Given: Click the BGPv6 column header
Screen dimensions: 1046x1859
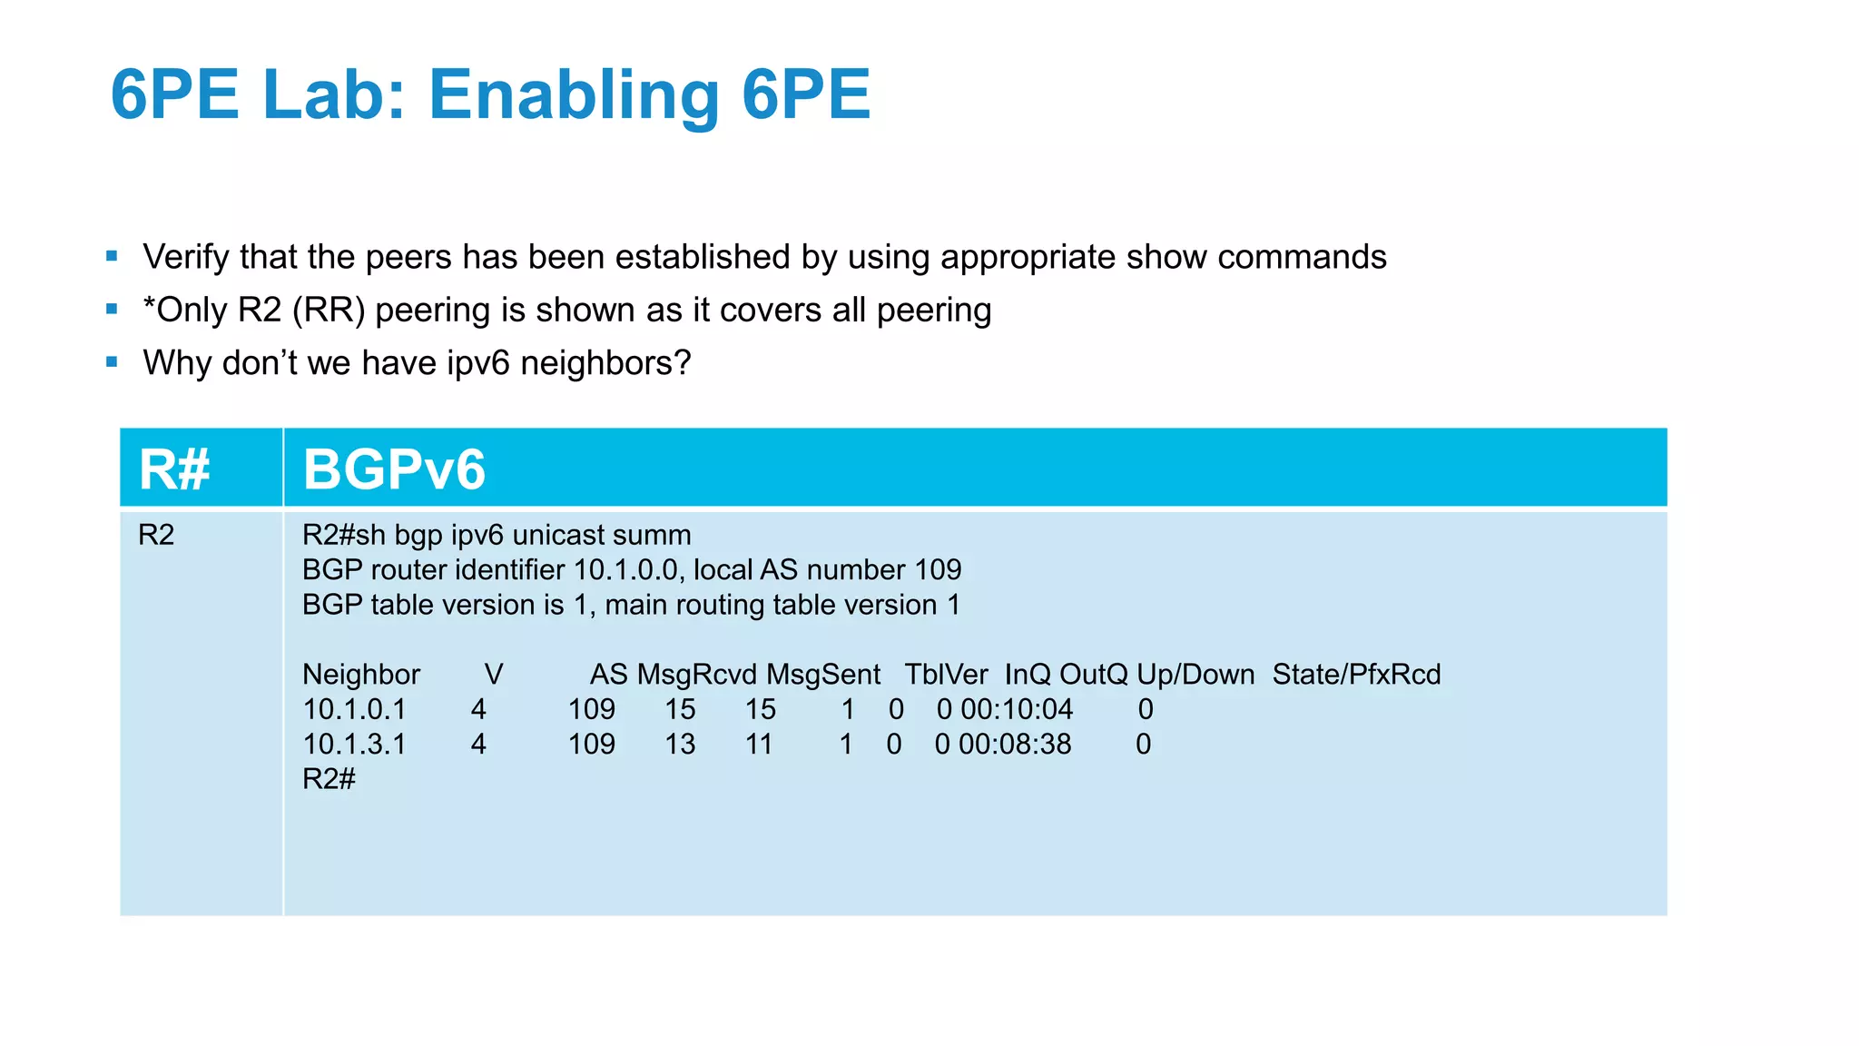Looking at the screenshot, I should click(x=394, y=469).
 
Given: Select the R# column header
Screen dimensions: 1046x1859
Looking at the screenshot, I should click(x=174, y=469).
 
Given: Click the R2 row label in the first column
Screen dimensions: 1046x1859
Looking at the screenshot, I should click(x=156, y=535).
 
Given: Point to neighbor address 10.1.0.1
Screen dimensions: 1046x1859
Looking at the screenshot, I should click(x=354, y=709).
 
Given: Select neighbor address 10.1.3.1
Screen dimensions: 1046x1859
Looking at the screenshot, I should click(x=354, y=745).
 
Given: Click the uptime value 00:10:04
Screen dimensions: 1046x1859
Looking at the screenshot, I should click(x=1017, y=709).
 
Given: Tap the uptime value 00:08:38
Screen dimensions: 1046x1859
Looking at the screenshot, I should click(x=1015, y=745).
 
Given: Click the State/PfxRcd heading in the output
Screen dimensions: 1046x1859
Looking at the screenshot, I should click(x=1356, y=675).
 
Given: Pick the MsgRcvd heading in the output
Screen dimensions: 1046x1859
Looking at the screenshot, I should click(x=696, y=675).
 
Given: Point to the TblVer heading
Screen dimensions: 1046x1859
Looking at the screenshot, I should click(x=946, y=675).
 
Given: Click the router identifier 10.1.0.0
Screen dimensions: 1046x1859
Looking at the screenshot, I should click(x=626, y=570).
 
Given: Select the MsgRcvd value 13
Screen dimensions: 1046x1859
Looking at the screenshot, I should click(x=680, y=745).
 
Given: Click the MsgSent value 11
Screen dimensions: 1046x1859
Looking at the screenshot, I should click(x=759, y=745).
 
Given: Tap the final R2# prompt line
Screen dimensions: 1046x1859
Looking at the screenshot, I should click(x=329, y=779).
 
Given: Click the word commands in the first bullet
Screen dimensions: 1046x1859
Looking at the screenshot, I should click(x=1302, y=257).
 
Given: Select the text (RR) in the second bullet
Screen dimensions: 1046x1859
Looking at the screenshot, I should click(x=329, y=311).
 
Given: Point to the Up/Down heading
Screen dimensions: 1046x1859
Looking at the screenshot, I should click(x=1195, y=675).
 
